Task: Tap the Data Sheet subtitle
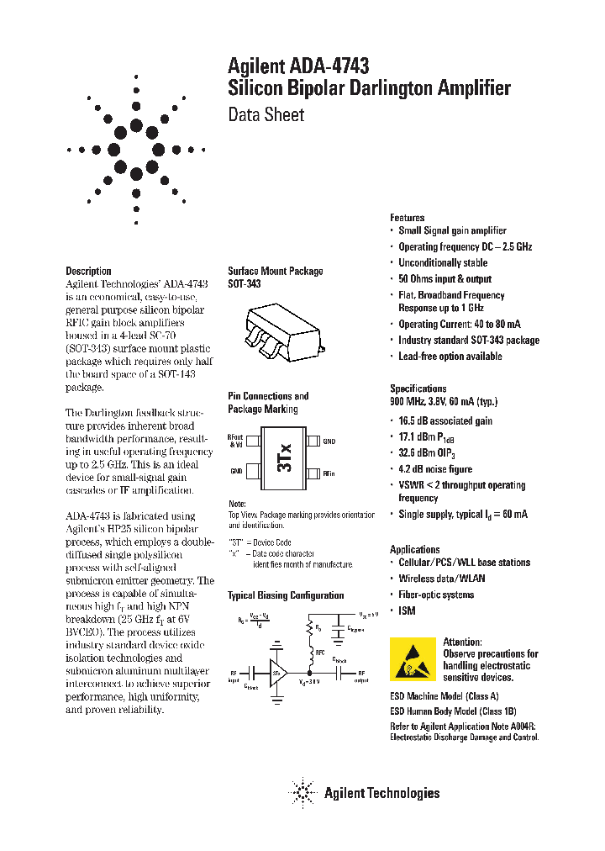coord(266,114)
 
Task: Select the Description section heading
coord(88,271)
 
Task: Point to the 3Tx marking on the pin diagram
coord(284,457)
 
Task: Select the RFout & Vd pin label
coord(235,441)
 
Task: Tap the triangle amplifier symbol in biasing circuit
coord(278,672)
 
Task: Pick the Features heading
coord(407,218)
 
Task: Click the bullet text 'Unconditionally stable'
coord(442,263)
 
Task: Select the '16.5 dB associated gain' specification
coord(445,420)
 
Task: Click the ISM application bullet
coord(407,610)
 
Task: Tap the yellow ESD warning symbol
coord(413,659)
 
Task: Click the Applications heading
coord(414,549)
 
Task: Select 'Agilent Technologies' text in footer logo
coord(381,792)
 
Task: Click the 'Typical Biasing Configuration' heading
coord(286,595)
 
